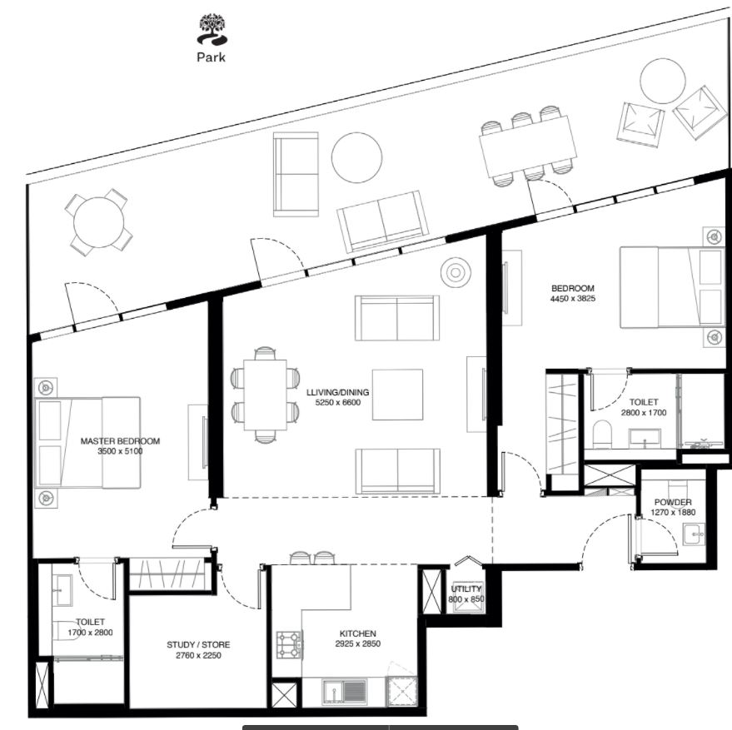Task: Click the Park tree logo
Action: [212, 29]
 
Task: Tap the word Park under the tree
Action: [211, 57]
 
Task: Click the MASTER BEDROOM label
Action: [120, 441]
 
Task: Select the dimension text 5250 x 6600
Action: [338, 403]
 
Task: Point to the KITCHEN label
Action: [357, 633]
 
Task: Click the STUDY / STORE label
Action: [198, 645]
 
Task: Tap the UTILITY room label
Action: [466, 589]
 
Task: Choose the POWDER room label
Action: [673, 503]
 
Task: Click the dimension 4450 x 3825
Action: [573, 299]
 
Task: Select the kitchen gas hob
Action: [290, 644]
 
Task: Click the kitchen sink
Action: [344, 691]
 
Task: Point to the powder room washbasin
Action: [695, 534]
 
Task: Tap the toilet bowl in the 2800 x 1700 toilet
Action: [603, 434]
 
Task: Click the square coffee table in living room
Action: [397, 395]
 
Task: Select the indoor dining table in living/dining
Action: [265, 395]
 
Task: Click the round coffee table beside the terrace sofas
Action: [356, 158]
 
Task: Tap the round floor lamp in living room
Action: [456, 272]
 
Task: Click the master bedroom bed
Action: [87, 443]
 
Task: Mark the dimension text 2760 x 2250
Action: [198, 656]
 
